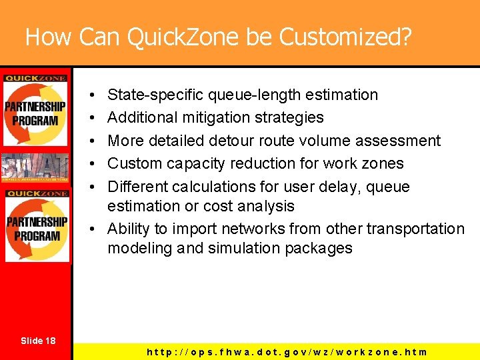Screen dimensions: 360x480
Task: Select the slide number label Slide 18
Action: click(x=37, y=341)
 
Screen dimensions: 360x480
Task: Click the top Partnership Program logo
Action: click(x=35, y=109)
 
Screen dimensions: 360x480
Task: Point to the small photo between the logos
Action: click(x=35, y=167)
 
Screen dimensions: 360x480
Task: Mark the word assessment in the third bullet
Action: click(x=403, y=141)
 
